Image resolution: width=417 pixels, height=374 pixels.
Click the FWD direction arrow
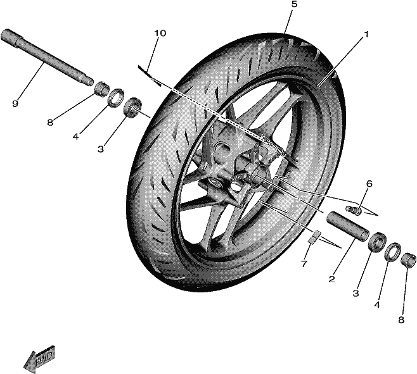coord(39,359)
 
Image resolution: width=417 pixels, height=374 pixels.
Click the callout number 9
coord(15,104)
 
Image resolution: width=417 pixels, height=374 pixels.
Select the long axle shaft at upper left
coord(47,58)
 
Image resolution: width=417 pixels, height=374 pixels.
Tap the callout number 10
coord(160,34)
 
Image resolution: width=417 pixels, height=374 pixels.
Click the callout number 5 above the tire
coord(294,5)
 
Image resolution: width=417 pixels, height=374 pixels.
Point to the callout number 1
coord(366,35)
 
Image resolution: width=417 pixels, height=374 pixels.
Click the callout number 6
coord(369,184)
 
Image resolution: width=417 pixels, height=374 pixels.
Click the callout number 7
coord(304,264)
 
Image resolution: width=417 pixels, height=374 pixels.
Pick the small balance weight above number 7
coord(314,237)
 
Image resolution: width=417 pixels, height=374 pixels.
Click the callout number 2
coord(331,279)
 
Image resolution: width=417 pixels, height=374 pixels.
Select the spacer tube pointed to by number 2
coord(348,226)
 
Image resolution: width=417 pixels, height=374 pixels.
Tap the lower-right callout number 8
coord(401,320)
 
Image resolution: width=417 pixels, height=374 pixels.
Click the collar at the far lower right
coord(408,259)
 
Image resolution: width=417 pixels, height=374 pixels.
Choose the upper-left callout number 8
coord(50,123)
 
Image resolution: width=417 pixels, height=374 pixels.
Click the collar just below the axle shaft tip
coord(102,89)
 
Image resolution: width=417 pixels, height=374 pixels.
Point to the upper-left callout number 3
coord(100,149)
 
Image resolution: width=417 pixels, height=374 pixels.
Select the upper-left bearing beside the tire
coord(132,107)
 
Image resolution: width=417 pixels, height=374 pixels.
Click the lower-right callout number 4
coord(377,305)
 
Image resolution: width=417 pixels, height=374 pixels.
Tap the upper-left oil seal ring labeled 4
coord(116,98)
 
